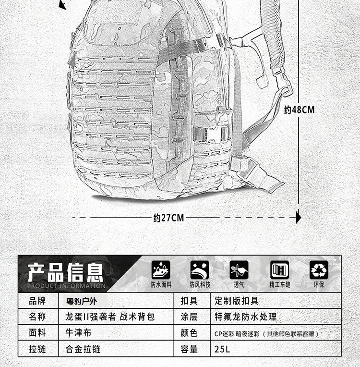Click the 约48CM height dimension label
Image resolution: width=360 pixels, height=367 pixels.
click(299, 110)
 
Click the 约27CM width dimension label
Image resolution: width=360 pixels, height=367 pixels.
click(168, 218)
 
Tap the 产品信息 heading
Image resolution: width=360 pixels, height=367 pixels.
click(65, 272)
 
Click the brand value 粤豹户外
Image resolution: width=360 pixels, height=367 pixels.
click(81, 301)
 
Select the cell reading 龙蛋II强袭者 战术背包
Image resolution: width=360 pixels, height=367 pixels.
click(110, 317)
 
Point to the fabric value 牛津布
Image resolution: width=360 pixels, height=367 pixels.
click(78, 332)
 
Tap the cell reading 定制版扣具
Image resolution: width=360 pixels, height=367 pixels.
click(237, 301)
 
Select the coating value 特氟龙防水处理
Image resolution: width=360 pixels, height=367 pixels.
click(245, 317)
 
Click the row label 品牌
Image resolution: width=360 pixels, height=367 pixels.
click(37, 301)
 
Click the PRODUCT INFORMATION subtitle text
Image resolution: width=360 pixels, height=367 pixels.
click(66, 286)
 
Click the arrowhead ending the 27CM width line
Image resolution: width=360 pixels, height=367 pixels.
click(299, 218)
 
